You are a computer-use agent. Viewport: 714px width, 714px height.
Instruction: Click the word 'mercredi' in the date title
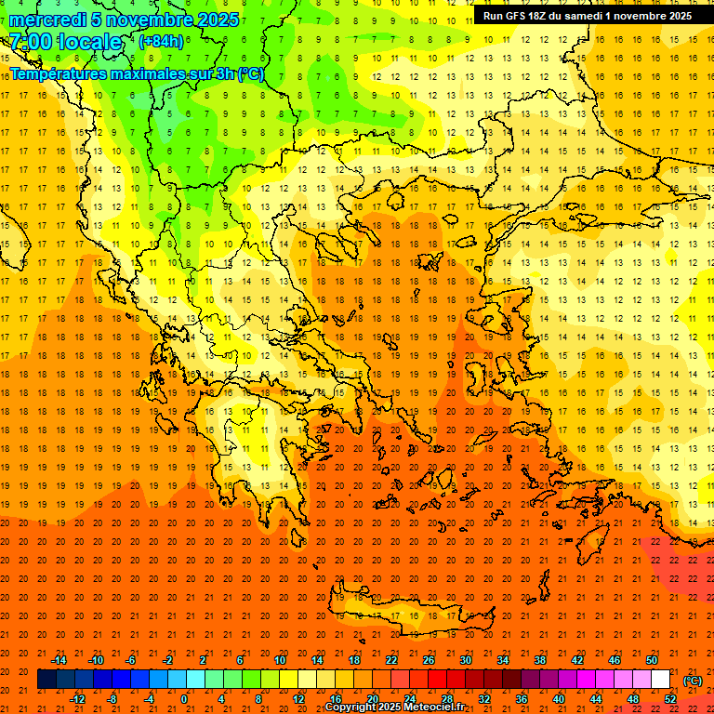[x=46, y=20]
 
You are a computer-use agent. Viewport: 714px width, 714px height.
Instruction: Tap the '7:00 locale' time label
[x=66, y=42]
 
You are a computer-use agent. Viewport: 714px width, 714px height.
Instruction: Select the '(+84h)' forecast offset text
[x=161, y=42]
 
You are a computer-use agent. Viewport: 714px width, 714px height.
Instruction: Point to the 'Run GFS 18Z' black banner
[x=587, y=16]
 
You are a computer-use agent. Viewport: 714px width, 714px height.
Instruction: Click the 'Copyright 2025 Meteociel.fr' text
[x=394, y=707]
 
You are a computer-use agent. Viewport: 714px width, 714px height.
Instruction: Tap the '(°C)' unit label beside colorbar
[x=693, y=681]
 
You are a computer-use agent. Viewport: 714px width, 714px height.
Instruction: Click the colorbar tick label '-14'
[x=59, y=660]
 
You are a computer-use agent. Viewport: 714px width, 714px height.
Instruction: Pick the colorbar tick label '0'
[x=184, y=699]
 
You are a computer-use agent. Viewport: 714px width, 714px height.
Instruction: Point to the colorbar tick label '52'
[x=670, y=699]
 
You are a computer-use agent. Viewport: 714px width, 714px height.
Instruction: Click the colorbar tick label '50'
[x=652, y=660]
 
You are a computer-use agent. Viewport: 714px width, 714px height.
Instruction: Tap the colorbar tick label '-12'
[x=77, y=699]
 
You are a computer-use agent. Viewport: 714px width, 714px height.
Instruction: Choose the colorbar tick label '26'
[x=429, y=660]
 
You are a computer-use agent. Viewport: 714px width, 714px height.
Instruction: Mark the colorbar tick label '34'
[x=503, y=660]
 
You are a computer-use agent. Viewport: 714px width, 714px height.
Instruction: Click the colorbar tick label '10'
[x=279, y=660]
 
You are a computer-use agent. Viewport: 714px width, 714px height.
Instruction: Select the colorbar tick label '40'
[x=559, y=699]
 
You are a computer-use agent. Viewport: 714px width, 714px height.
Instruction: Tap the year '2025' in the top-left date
[x=214, y=20]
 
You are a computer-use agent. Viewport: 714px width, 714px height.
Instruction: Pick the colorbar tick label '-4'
[x=149, y=699]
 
